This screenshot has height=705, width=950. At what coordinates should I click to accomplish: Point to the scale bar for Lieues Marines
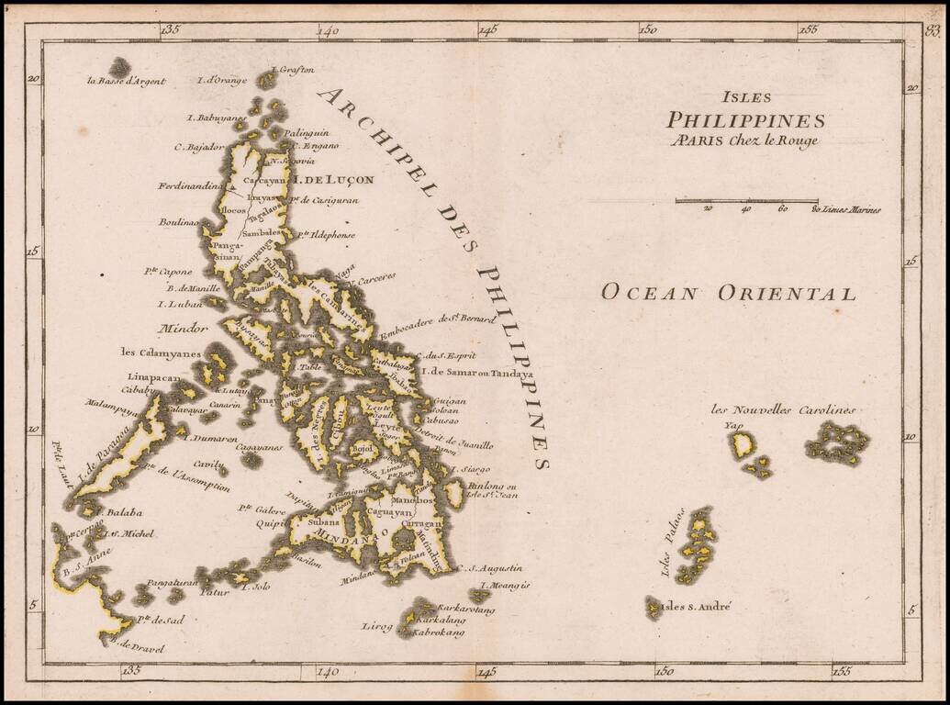pos(746,200)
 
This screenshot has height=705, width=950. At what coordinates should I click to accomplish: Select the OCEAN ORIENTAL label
pos(728,294)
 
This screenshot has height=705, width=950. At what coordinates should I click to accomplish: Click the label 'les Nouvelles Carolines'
pos(783,409)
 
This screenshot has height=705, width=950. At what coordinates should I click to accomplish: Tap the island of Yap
pos(743,445)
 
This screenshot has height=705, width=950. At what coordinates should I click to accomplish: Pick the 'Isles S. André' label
pos(697,607)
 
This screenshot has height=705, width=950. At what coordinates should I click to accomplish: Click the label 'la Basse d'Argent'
pos(126,81)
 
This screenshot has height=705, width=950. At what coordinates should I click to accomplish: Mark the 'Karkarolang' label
pos(465,609)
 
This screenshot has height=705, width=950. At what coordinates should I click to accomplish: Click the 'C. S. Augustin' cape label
pos(489,568)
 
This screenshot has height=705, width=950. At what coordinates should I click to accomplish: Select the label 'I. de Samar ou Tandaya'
pos(475,374)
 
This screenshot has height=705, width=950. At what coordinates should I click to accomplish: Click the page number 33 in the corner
pos(933,31)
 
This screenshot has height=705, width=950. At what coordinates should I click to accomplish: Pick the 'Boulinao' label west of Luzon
pos(178,221)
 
